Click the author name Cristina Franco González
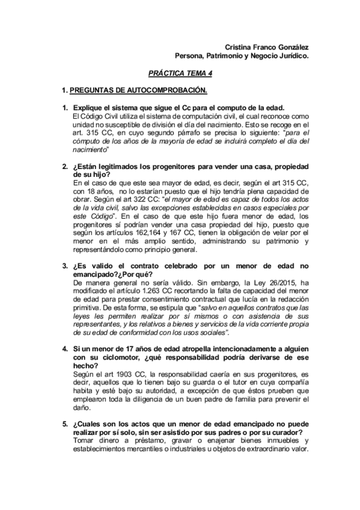(x=267, y=48)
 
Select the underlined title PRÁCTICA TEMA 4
(x=180, y=74)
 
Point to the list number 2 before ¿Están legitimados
(x=66, y=166)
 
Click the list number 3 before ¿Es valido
(x=66, y=265)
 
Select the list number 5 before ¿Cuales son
(x=66, y=424)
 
